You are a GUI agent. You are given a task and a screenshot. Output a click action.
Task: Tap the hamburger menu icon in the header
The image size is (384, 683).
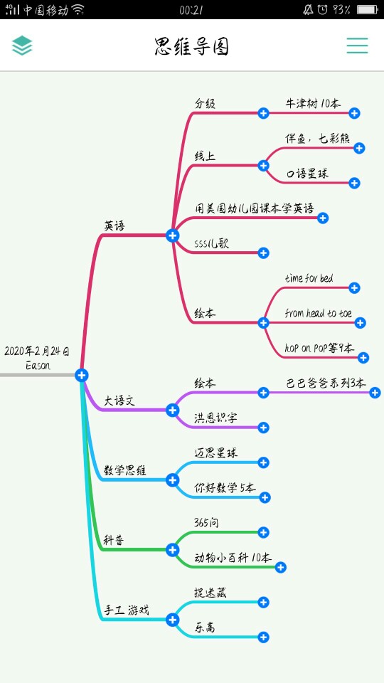357,46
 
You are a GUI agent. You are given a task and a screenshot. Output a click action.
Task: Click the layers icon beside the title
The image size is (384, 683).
22,46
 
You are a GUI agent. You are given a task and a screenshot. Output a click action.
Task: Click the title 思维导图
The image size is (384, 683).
191,46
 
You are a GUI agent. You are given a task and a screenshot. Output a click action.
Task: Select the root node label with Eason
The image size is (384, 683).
37,358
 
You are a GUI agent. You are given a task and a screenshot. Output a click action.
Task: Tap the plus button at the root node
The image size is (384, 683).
81,375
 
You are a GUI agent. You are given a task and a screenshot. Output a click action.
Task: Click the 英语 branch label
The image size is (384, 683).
114,226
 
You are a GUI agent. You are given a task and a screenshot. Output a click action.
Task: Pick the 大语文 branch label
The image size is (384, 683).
119,401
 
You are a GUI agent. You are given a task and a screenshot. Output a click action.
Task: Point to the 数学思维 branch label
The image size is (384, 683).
125,470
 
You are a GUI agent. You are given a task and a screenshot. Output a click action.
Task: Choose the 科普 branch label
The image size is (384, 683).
114,540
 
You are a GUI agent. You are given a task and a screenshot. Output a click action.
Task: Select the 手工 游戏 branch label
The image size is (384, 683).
127,610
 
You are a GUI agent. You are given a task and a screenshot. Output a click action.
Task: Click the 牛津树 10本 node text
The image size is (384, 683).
313,104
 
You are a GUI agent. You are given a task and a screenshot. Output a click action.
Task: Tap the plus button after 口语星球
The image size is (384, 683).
354,183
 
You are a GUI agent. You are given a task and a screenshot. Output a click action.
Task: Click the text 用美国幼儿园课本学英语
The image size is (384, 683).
255,208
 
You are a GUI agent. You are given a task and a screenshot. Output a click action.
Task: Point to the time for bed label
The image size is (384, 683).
309,278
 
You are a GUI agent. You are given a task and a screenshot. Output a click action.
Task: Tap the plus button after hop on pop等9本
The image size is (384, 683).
363,358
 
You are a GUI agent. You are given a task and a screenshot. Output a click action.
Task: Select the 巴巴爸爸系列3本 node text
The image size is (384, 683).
326,383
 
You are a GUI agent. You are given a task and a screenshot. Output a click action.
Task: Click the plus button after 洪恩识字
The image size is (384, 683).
263,428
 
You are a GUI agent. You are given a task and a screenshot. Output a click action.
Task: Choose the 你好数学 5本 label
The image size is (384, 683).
225,488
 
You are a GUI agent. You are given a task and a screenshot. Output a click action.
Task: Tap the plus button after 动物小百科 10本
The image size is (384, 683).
281,567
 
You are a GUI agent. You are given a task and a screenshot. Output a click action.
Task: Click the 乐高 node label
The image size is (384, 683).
205,628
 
